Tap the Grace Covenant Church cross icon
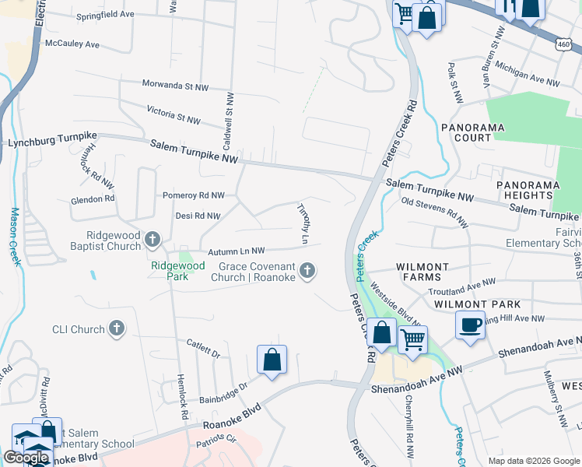point(308,271)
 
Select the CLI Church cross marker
point(117,328)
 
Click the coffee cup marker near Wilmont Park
point(471,325)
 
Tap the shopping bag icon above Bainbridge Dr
point(272,360)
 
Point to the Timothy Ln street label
point(303,221)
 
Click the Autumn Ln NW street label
point(237,251)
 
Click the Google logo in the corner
point(26,458)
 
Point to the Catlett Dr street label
point(204,348)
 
